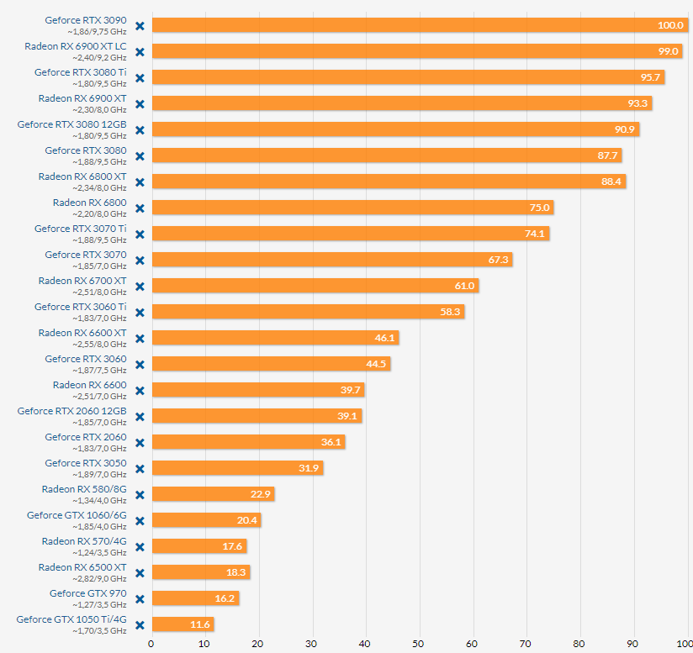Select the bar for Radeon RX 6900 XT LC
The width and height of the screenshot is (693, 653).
point(416,51)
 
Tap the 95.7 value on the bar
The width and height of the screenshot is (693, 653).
point(652,77)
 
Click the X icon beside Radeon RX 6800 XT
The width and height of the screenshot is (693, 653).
point(140,182)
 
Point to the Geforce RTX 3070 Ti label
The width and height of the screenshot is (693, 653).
point(81,229)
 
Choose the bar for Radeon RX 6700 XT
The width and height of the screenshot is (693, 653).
point(315,286)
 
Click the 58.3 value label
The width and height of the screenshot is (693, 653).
point(450,312)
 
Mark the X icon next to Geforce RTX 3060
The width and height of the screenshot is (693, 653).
point(140,364)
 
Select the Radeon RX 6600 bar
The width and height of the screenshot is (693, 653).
point(257,390)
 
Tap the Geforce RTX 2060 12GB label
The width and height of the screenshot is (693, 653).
point(72,411)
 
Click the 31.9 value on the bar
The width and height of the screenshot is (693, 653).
point(309,468)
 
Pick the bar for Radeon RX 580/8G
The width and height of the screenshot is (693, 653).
point(213,494)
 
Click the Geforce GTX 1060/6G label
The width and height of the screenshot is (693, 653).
point(77,515)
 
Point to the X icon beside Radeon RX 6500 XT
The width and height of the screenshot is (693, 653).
point(140,572)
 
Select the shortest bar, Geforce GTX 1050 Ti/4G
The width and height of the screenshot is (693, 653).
point(183,624)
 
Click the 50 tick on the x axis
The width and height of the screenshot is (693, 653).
point(419,644)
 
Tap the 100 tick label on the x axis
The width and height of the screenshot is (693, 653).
point(685,644)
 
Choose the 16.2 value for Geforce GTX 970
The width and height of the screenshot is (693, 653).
point(225,598)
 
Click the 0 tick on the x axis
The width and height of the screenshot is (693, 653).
point(151,644)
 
